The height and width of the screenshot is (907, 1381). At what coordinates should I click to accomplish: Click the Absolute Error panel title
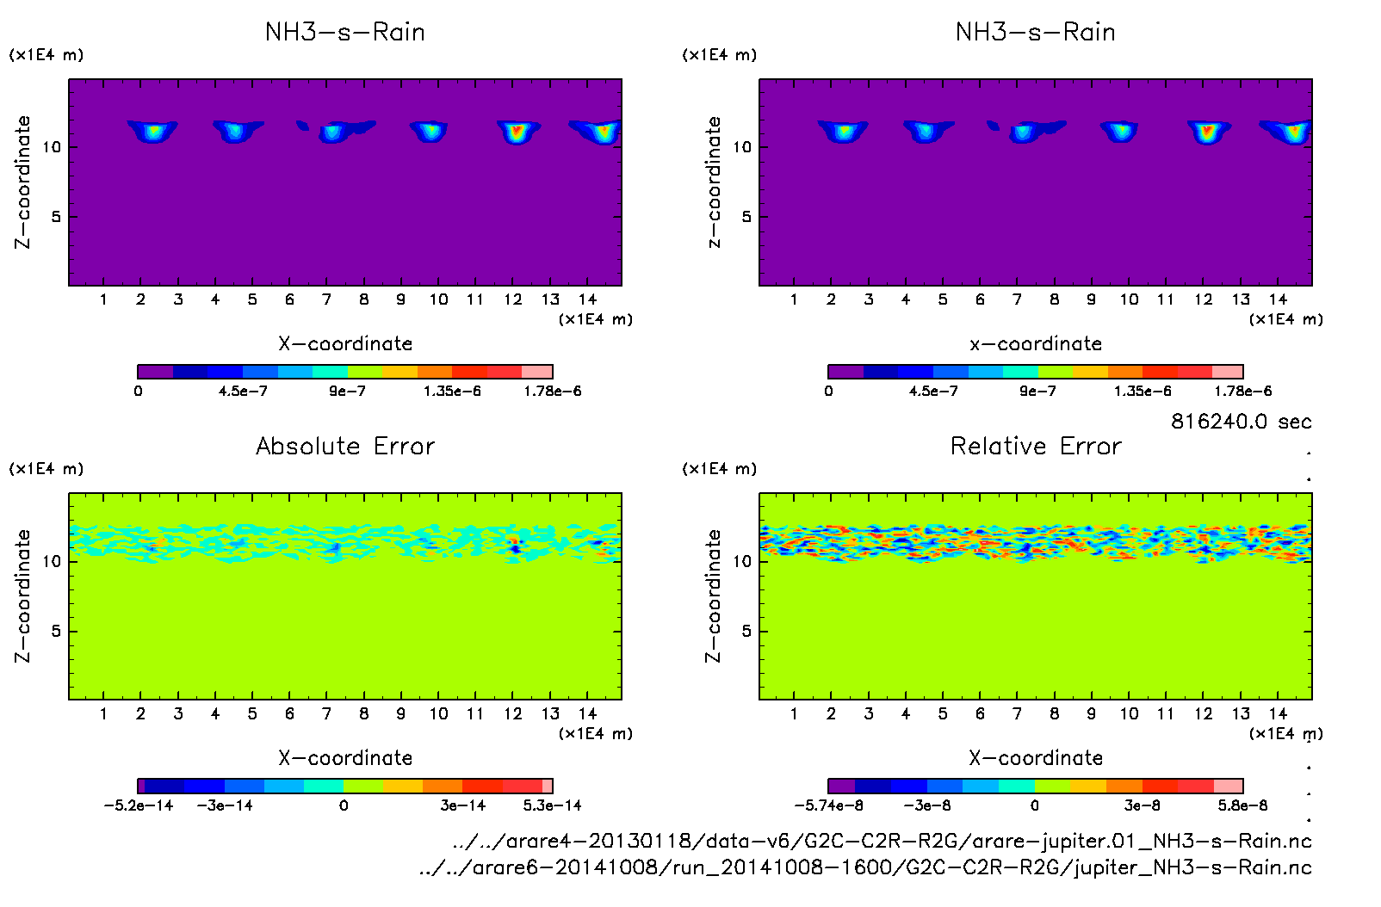(345, 446)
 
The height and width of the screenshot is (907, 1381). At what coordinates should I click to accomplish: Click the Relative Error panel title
(1036, 446)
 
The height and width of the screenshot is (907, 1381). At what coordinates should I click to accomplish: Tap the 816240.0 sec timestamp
(1241, 422)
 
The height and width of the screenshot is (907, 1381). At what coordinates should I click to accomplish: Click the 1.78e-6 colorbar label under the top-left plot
(552, 392)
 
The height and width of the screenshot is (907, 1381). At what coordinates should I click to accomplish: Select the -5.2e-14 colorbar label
(139, 805)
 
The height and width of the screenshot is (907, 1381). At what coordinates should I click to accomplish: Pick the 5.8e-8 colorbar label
(1242, 805)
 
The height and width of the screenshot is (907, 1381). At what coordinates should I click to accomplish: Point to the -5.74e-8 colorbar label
(828, 805)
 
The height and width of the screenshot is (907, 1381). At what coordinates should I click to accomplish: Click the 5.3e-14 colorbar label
(552, 805)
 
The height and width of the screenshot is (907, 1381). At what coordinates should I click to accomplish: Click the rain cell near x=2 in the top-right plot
(844, 132)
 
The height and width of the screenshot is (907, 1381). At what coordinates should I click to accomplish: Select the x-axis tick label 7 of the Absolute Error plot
(326, 713)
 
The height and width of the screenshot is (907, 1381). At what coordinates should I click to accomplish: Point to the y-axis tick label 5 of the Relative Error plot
(746, 631)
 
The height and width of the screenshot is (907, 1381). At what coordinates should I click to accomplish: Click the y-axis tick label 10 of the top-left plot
(53, 147)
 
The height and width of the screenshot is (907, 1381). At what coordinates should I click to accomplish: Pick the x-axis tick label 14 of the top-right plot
(1278, 299)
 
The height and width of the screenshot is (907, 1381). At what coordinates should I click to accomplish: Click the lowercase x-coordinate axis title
(1036, 344)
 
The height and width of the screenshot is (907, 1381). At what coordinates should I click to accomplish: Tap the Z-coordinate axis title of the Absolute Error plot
(23, 595)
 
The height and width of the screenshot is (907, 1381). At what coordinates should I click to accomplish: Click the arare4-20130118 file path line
(882, 841)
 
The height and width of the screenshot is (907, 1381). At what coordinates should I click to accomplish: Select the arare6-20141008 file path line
(865, 867)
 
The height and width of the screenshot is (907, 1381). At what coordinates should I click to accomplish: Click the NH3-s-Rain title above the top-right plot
(1036, 33)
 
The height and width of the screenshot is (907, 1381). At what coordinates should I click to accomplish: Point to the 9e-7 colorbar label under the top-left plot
(347, 392)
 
